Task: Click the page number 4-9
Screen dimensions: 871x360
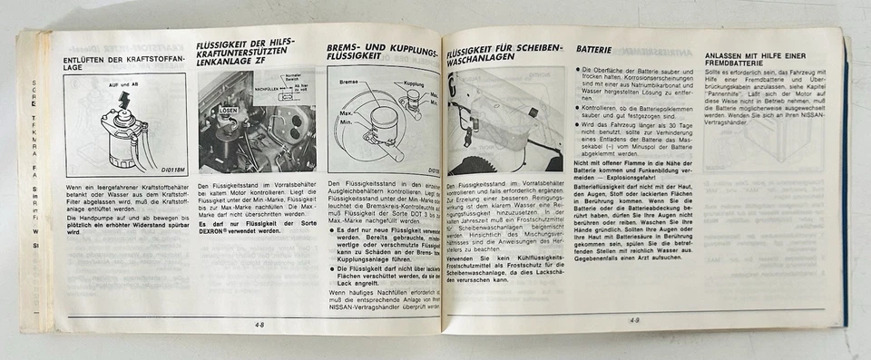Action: point(634,318)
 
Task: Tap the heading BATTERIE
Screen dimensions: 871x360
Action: point(594,49)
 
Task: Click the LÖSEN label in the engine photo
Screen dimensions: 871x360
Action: point(229,110)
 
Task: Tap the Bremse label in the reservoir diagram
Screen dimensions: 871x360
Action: point(347,82)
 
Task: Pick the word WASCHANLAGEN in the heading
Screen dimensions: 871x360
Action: point(481,56)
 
